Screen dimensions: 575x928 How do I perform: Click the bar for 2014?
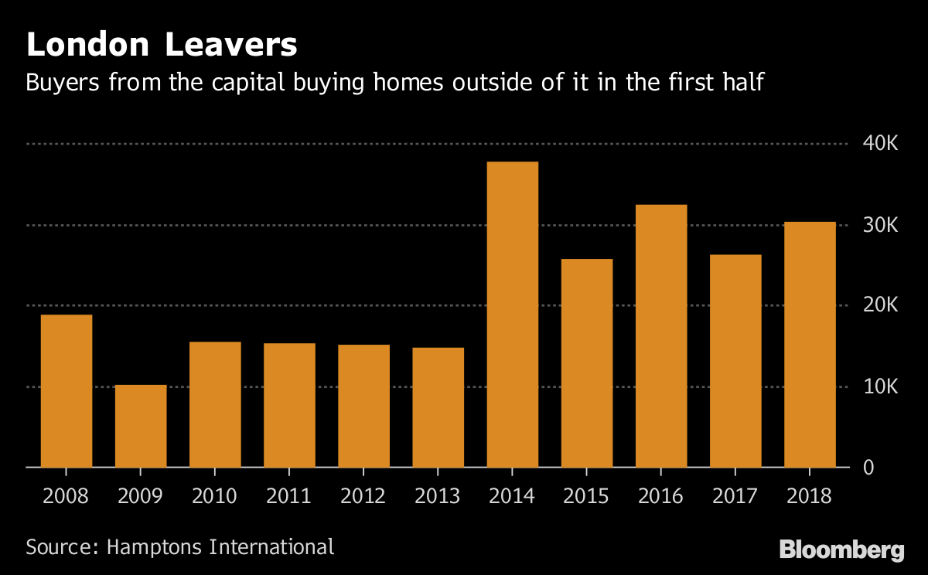click(x=512, y=315)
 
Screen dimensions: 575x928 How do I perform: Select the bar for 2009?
click(x=141, y=426)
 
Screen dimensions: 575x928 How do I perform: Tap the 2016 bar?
click(x=661, y=336)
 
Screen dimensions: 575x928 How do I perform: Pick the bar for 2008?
click(x=67, y=391)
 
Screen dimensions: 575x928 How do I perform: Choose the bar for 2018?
click(x=810, y=345)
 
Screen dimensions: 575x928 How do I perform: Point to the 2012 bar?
click(x=363, y=406)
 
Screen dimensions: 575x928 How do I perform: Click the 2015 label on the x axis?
click(x=587, y=495)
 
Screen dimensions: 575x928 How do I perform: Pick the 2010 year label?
click(x=215, y=495)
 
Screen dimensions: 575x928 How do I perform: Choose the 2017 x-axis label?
click(x=735, y=495)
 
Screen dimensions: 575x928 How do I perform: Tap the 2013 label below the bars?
click(x=438, y=495)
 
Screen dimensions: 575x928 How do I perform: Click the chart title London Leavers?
click(x=162, y=45)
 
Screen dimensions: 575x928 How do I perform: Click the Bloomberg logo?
click(x=841, y=550)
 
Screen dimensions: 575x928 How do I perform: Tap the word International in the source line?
click(x=275, y=547)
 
